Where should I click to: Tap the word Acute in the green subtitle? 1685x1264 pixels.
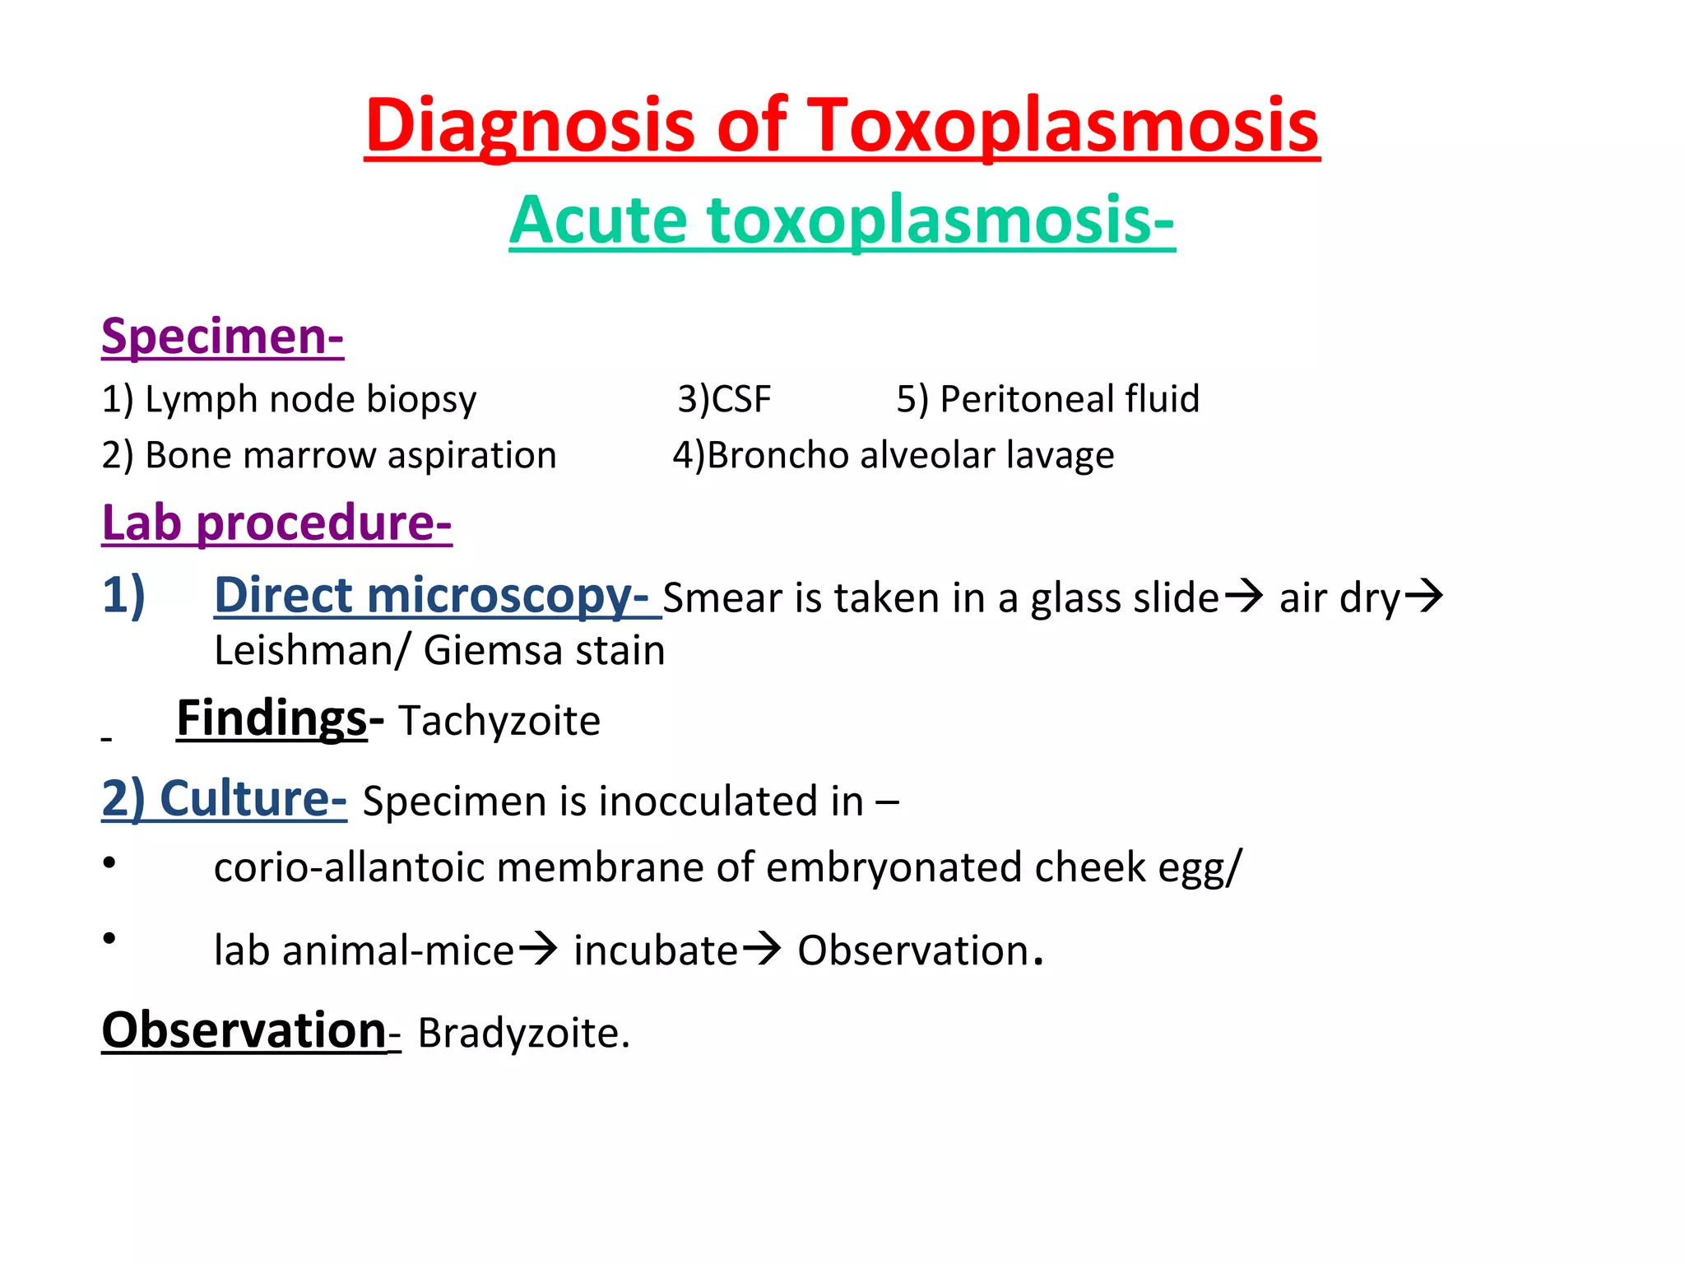pyautogui.click(x=597, y=220)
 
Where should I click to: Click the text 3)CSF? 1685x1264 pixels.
pyautogui.click(x=724, y=399)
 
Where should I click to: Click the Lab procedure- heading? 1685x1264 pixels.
pyautogui.click(x=276, y=523)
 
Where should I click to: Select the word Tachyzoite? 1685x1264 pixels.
pyautogui.click(x=499, y=721)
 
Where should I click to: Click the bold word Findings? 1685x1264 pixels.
pyautogui.click(x=272, y=718)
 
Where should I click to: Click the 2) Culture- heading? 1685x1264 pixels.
pyautogui.click(x=224, y=798)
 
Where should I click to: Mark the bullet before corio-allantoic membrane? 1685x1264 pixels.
pyautogui.click(x=109, y=862)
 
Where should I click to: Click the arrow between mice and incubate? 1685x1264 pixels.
pyautogui.click(x=538, y=949)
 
